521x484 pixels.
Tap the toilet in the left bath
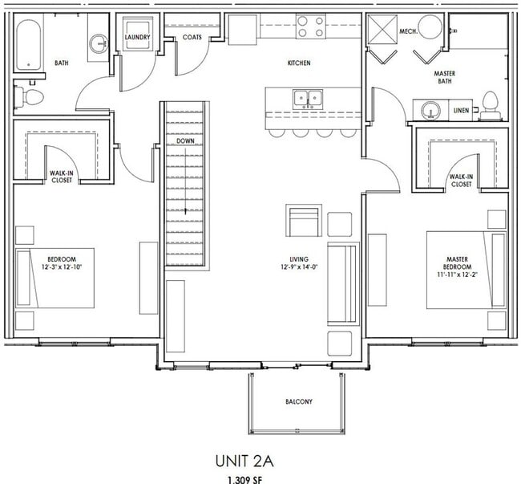[x=32, y=97]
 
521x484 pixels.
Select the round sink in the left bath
[x=99, y=44]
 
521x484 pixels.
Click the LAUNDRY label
[x=138, y=36]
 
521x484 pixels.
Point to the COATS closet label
[x=192, y=37]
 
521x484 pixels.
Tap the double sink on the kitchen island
[x=307, y=100]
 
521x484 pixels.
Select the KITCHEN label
[x=299, y=63]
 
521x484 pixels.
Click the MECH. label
[x=408, y=32]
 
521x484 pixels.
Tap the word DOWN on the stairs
[x=186, y=142]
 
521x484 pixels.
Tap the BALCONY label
[x=299, y=401]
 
